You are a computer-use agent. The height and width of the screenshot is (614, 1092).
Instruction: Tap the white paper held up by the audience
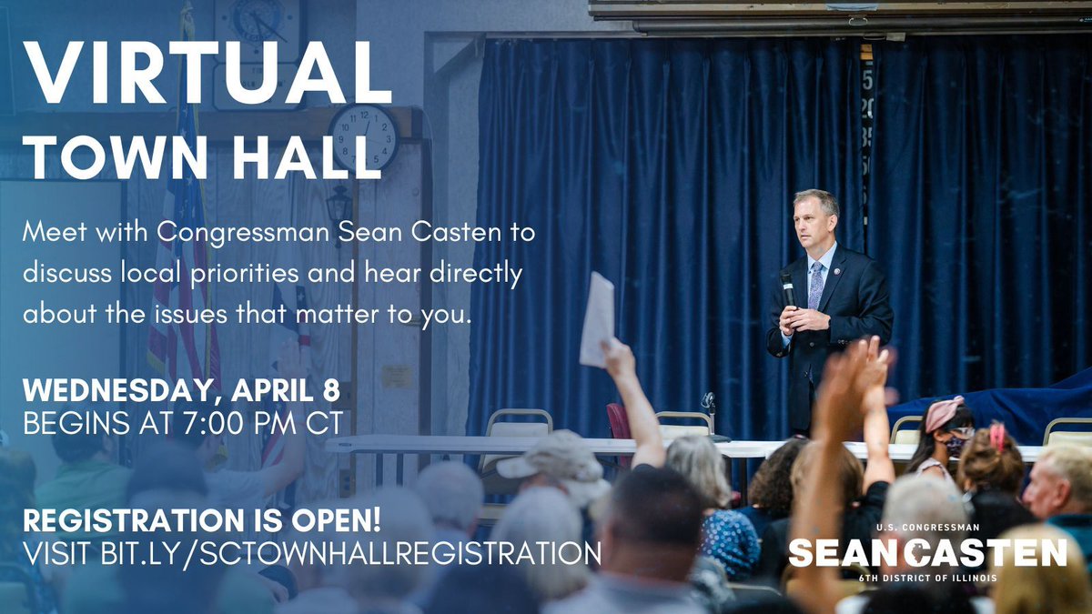point(597,319)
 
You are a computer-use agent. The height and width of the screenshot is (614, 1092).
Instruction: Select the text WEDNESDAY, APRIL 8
point(181,391)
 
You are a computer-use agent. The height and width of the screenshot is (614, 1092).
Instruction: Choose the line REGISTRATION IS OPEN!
point(201,521)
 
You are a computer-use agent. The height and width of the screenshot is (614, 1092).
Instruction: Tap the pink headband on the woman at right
point(944,412)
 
